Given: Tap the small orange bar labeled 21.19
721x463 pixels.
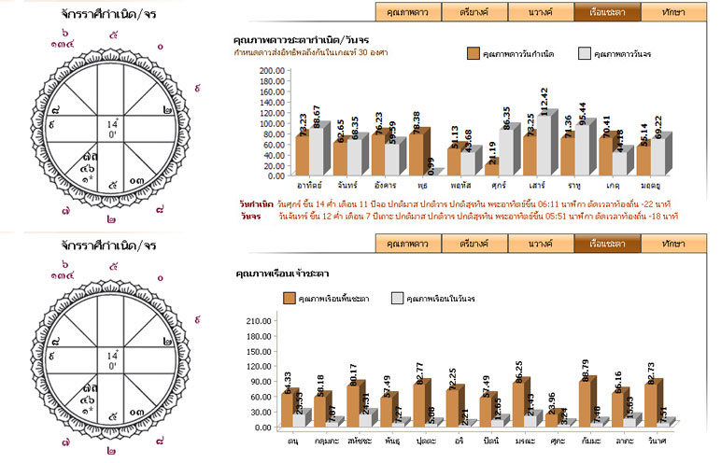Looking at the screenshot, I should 490,169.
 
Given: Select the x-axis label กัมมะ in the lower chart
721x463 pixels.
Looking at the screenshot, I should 590,438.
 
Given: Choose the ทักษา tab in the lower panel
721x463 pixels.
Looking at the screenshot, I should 672,244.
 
